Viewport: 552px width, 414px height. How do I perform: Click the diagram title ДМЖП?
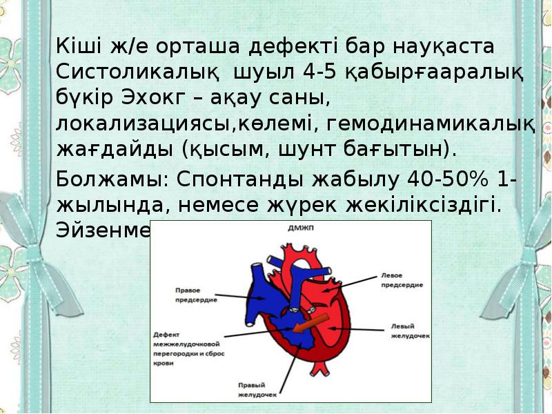click(291, 227)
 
